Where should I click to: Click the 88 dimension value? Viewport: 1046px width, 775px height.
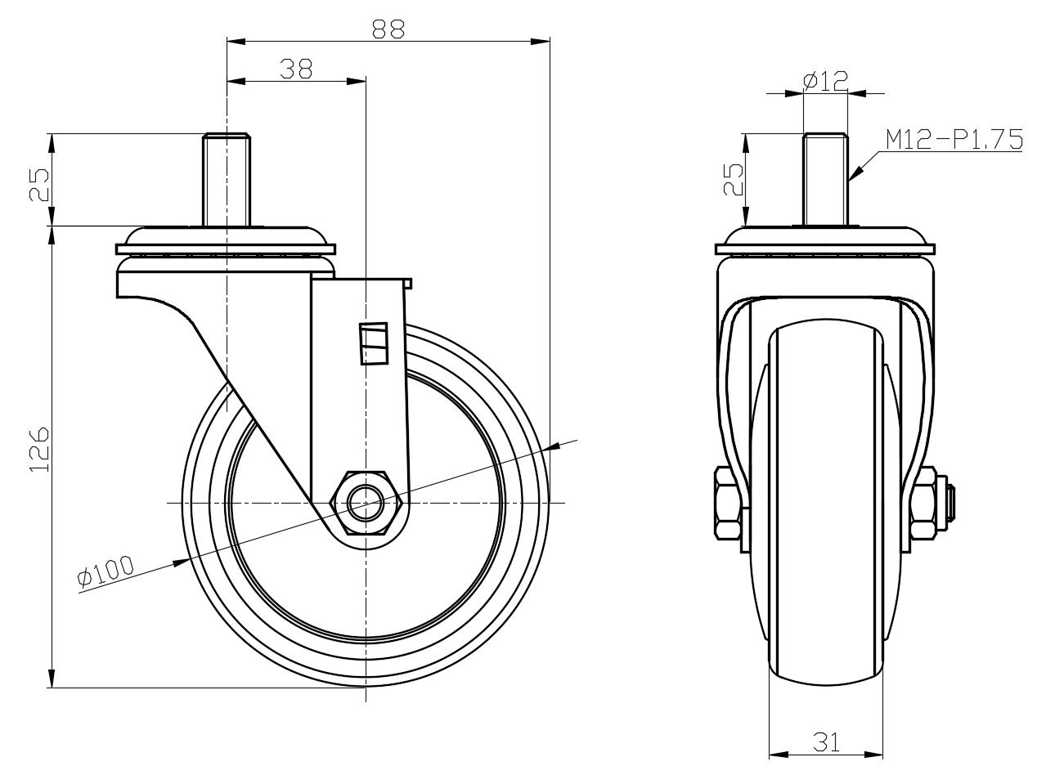click(x=388, y=29)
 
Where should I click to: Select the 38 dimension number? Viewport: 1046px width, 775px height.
click(x=295, y=69)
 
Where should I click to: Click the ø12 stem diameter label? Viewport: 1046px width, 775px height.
click(x=825, y=80)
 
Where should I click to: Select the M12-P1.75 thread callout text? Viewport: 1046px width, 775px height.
click(x=954, y=141)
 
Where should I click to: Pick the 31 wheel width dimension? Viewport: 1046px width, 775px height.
click(x=826, y=741)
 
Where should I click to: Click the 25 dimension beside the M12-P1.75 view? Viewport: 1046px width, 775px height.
click(x=734, y=179)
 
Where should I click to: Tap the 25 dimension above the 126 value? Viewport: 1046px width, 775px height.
click(x=40, y=185)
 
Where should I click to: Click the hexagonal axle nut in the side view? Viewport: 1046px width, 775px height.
click(x=365, y=503)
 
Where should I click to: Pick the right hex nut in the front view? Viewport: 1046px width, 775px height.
click(x=924, y=502)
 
